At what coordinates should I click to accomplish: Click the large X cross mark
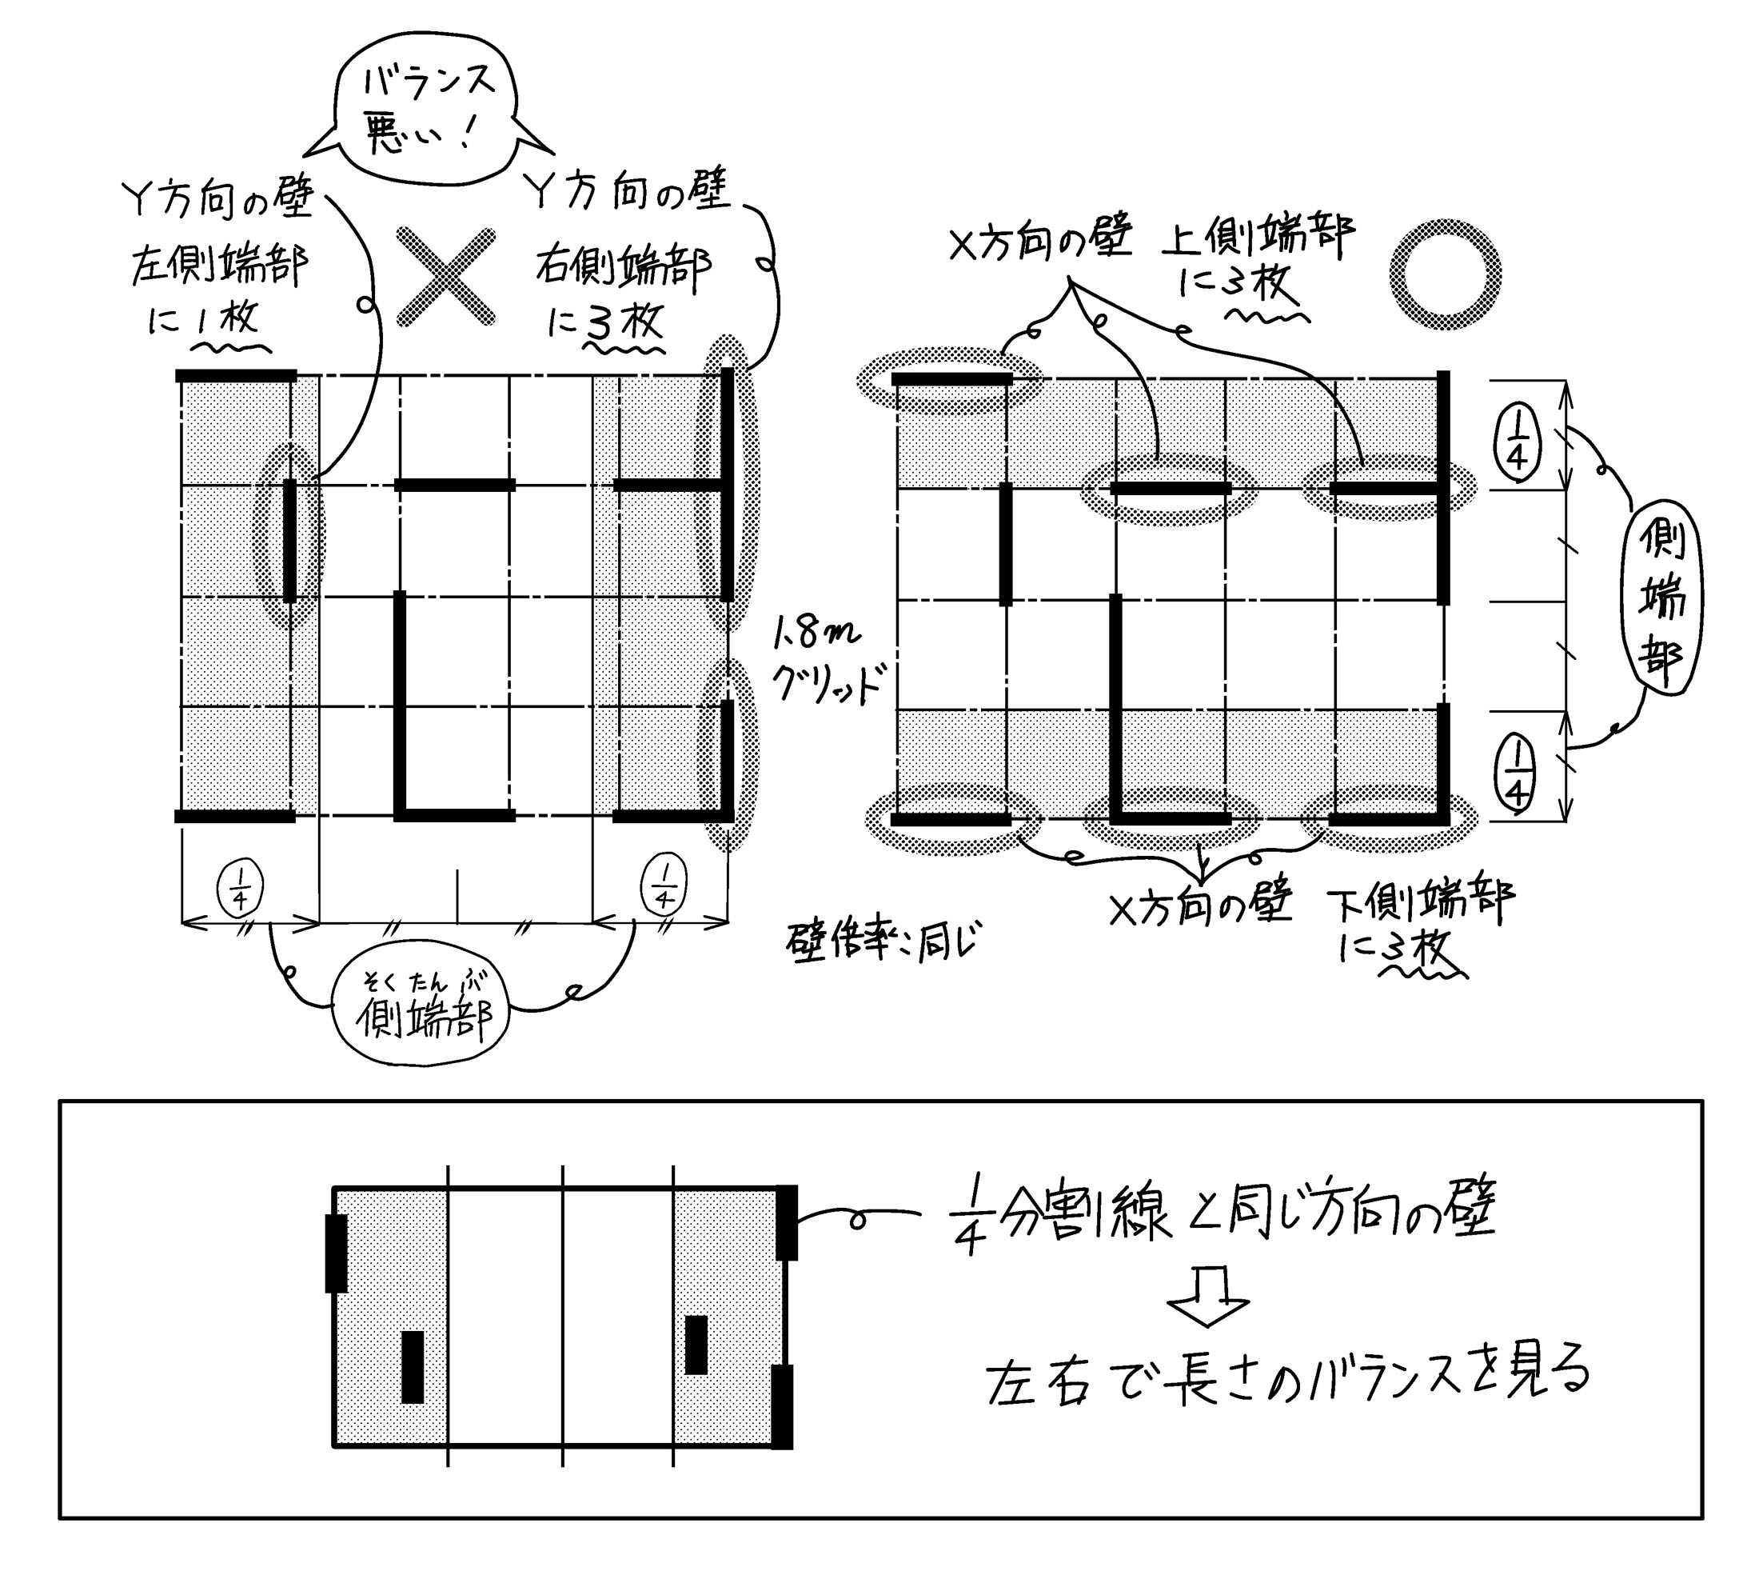446,278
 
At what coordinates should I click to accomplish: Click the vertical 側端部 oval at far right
1660,600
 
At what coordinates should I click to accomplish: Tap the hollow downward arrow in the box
1209,1301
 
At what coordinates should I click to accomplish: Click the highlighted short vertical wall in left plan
289,539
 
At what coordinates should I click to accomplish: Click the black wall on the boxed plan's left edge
337,1253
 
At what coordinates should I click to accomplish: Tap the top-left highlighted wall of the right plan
952,379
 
